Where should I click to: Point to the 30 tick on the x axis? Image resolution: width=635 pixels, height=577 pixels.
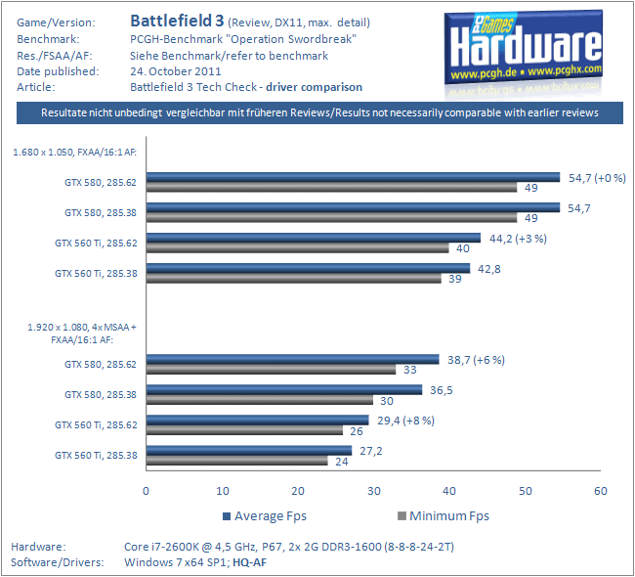(x=373, y=490)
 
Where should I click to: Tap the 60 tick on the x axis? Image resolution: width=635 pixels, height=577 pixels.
(x=600, y=490)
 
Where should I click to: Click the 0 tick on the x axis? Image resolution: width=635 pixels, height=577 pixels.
(x=147, y=490)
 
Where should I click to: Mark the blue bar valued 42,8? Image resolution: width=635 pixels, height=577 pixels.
(x=308, y=268)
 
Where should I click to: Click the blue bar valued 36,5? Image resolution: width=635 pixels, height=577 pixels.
(x=284, y=389)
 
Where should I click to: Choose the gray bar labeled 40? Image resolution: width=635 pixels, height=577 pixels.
(x=297, y=247)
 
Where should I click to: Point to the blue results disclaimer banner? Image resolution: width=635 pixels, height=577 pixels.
(x=320, y=113)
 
